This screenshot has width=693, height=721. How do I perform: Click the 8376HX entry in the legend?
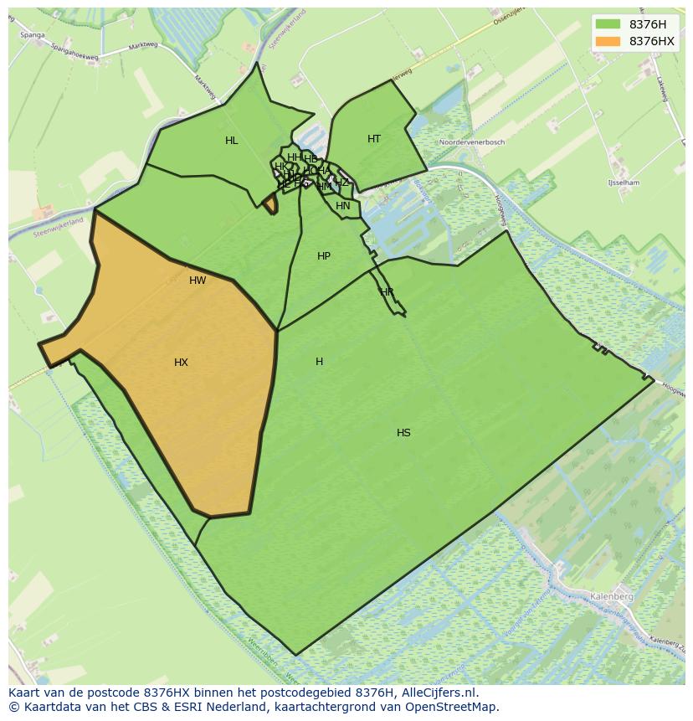click(651, 41)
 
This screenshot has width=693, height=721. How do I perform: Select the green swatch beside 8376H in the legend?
click(608, 24)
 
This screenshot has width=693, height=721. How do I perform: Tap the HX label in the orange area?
click(181, 363)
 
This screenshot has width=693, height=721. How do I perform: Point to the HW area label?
click(198, 281)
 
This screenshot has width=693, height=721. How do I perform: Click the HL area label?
click(232, 141)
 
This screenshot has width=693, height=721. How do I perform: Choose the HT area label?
click(374, 139)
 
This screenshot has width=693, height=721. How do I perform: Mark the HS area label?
click(403, 433)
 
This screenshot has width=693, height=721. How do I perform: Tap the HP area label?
click(324, 256)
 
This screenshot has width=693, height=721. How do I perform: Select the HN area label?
click(343, 206)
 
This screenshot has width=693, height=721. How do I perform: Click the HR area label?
click(387, 292)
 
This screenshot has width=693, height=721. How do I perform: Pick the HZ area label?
click(341, 183)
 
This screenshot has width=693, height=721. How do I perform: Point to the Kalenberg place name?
click(611, 596)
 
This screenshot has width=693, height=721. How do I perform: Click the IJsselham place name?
click(624, 183)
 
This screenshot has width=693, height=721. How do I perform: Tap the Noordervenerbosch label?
click(472, 142)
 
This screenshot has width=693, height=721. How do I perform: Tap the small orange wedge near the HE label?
click(270, 204)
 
